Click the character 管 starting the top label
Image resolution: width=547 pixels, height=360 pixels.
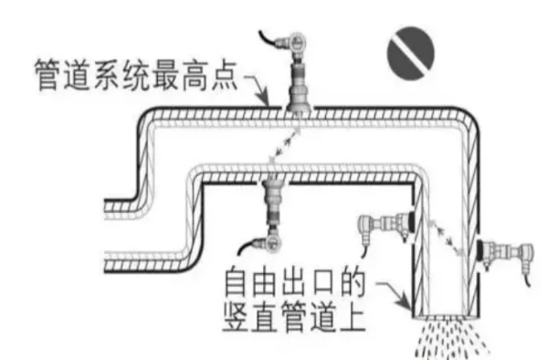coord(47,70)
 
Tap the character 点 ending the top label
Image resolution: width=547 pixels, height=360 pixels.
coord(224,70)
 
